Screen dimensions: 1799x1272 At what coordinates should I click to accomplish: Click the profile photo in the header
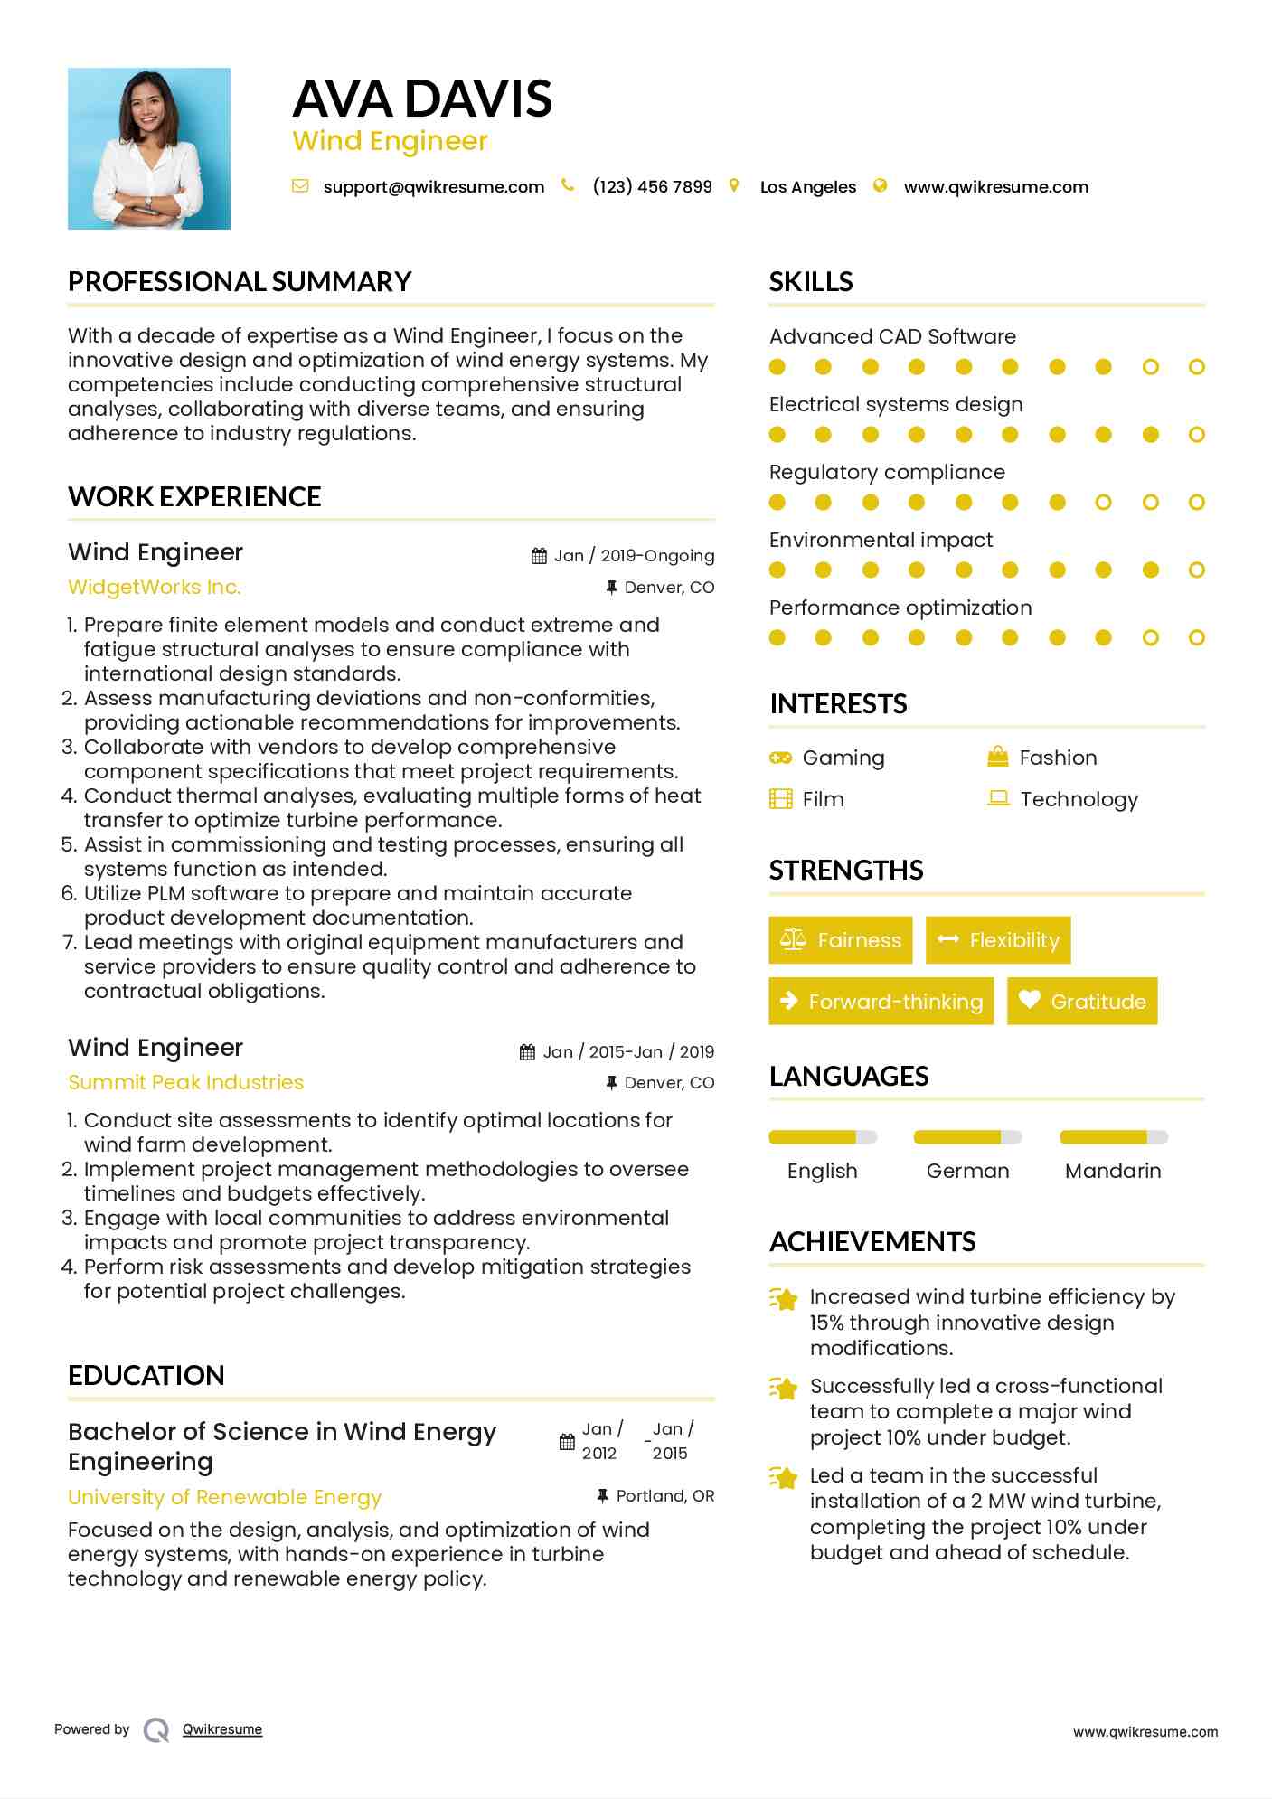(x=149, y=148)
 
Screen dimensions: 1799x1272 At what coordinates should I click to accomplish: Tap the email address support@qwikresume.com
(x=433, y=187)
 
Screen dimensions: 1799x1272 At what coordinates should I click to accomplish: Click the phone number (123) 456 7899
(x=652, y=187)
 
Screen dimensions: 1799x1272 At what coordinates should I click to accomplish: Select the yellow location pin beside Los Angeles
(x=734, y=186)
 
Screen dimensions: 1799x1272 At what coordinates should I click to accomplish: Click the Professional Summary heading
(x=240, y=282)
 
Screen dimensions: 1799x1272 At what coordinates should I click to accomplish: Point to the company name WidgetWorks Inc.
(x=155, y=588)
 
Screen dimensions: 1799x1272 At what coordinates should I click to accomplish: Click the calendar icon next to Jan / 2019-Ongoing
(x=539, y=556)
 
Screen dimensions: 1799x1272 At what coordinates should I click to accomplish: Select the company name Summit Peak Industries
(x=185, y=1083)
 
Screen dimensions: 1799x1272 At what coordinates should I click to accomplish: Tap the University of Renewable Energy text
(x=224, y=1498)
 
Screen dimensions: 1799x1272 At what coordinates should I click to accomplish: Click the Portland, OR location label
(x=664, y=1496)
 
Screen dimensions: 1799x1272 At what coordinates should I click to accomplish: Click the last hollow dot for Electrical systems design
(x=1196, y=435)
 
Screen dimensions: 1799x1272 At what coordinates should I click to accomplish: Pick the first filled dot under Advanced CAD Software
(x=777, y=367)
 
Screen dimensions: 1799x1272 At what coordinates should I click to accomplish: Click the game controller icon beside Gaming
(x=780, y=758)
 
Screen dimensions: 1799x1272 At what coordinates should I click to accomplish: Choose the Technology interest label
(x=1079, y=799)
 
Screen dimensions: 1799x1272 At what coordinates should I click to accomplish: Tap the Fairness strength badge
(x=841, y=940)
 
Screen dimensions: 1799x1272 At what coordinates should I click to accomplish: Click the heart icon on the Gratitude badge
(x=1029, y=1000)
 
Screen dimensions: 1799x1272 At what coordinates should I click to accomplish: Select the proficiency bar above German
(x=967, y=1137)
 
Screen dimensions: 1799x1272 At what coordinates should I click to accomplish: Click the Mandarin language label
(x=1113, y=1172)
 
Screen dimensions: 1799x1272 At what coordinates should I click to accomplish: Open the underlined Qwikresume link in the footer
(x=222, y=1729)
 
